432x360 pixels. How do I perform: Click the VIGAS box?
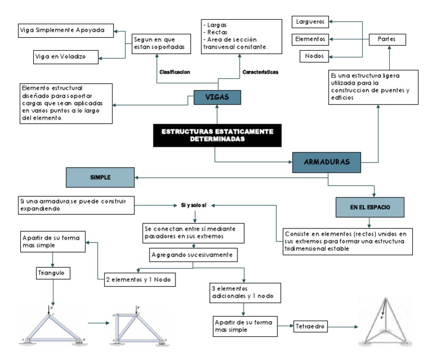(x=217, y=97)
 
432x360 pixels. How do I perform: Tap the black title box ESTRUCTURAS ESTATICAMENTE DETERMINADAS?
(x=217, y=135)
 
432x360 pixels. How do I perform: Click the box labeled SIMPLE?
(x=100, y=177)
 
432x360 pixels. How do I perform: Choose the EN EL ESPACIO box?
(x=370, y=207)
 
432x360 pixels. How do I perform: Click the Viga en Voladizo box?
(x=66, y=56)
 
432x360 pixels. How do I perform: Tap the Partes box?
(x=387, y=39)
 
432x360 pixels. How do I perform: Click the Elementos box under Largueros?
(x=310, y=39)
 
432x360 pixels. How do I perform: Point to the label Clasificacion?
(x=175, y=72)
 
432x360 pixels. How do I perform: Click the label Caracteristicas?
(x=260, y=72)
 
